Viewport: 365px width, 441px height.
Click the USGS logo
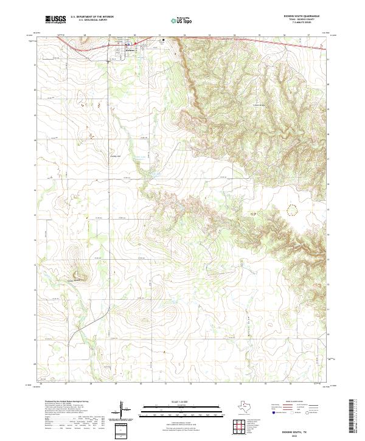tap(55, 19)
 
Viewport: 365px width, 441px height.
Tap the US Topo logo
tap(176, 20)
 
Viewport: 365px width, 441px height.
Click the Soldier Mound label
tap(74, 280)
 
